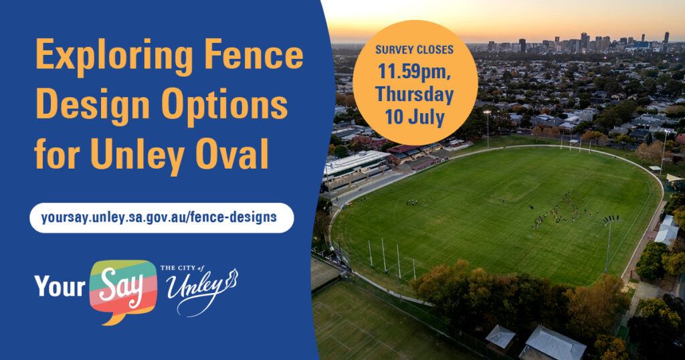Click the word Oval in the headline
click(x=231, y=154)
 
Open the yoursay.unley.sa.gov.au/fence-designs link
click(x=159, y=217)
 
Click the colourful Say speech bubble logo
click(x=123, y=291)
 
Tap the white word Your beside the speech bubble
click(x=60, y=287)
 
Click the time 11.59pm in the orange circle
click(x=415, y=71)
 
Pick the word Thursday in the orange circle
click(x=414, y=94)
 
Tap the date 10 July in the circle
click(x=415, y=118)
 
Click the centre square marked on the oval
click(x=516, y=189)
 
